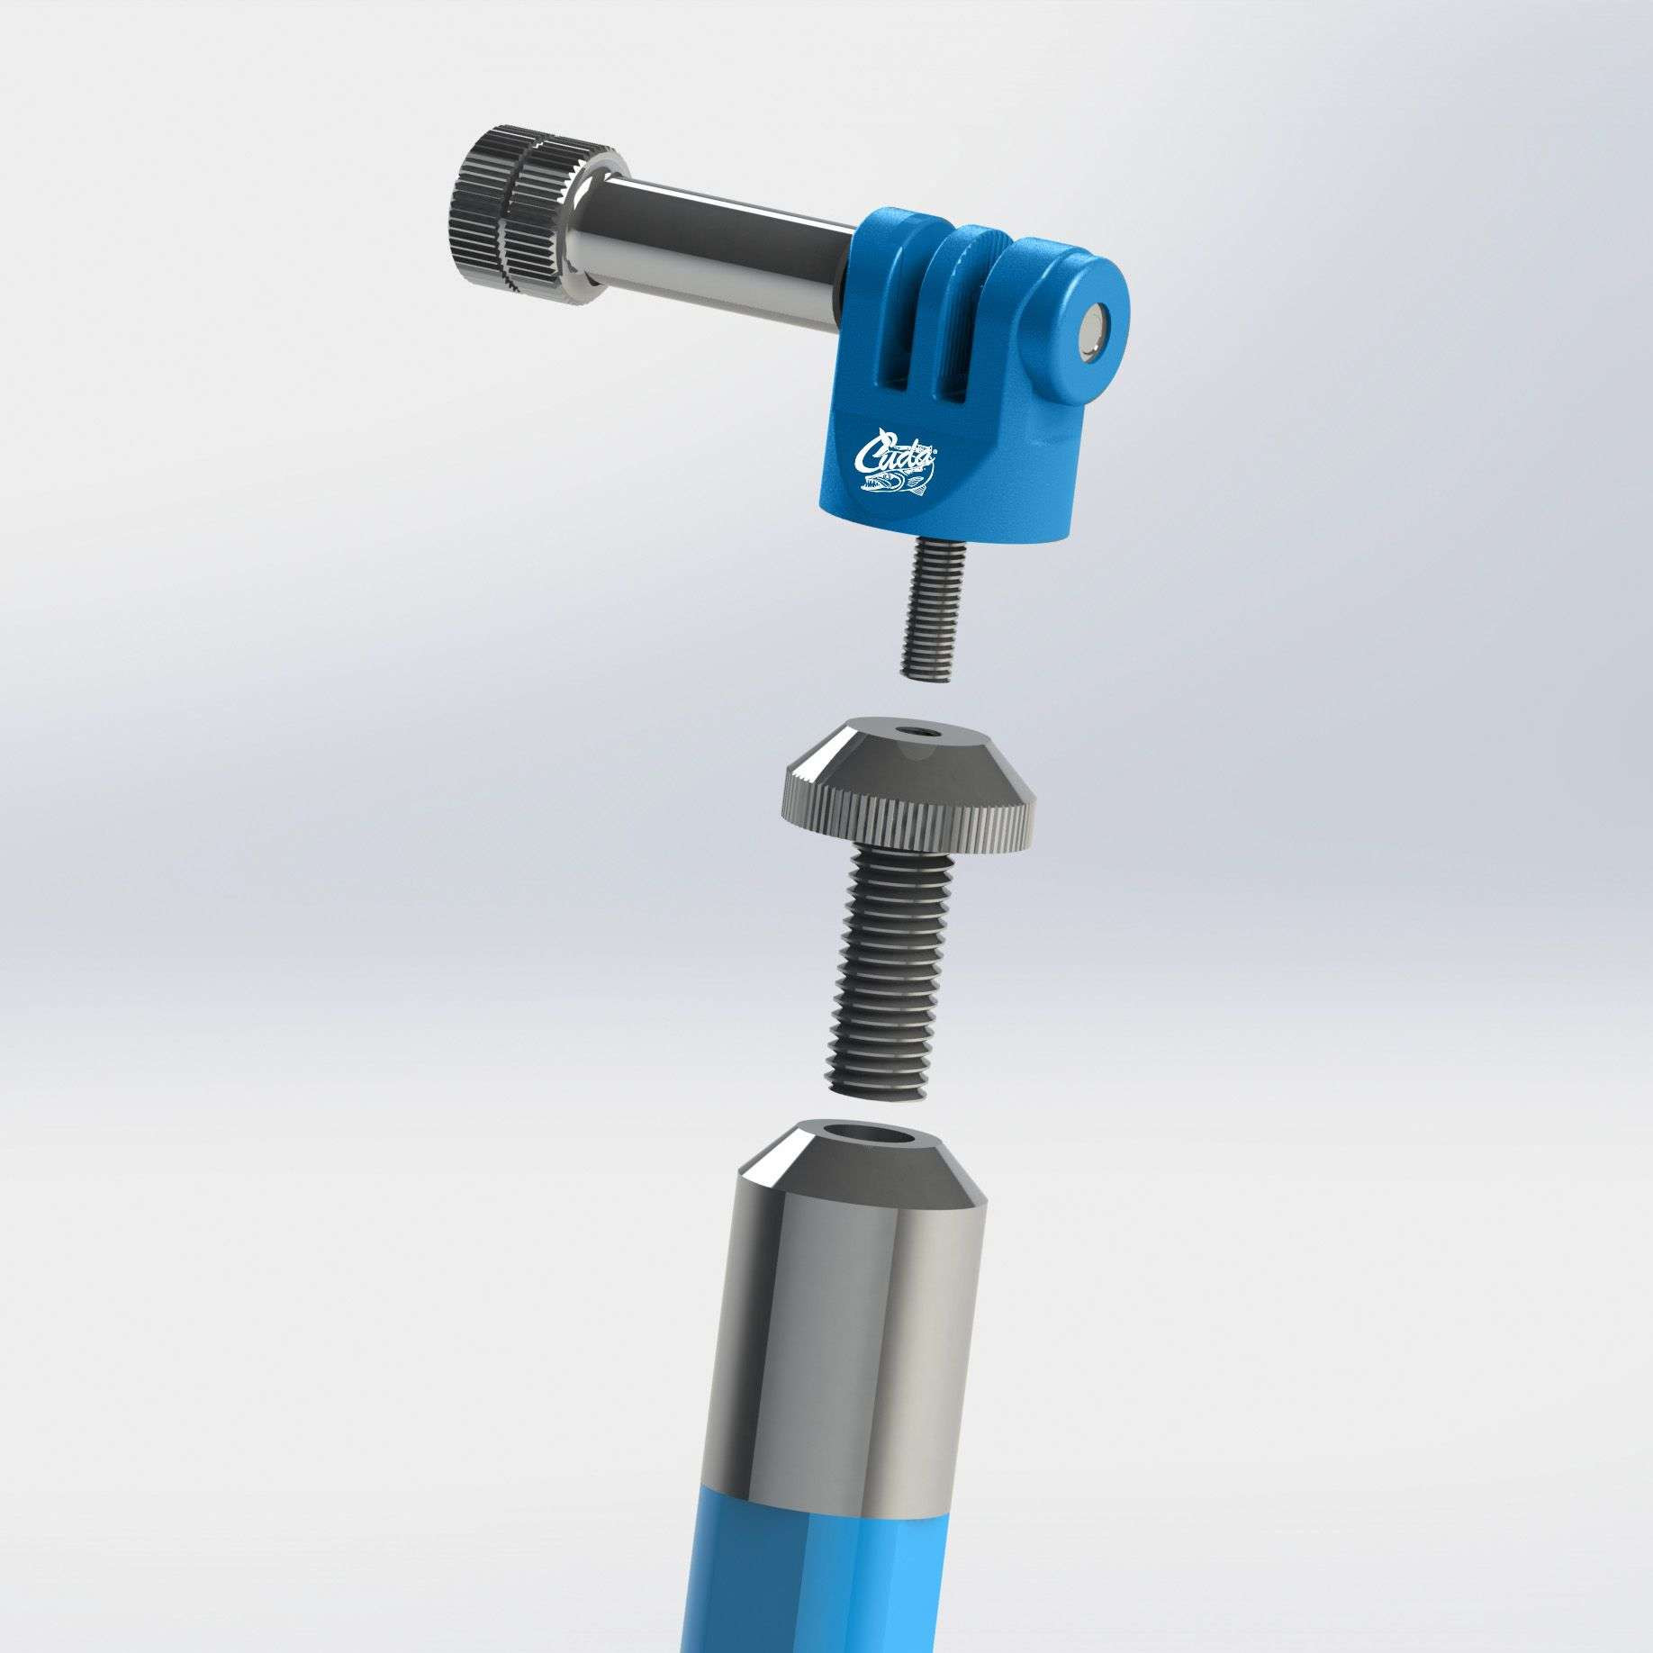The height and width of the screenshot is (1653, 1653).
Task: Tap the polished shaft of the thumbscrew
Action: [x=711, y=244]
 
